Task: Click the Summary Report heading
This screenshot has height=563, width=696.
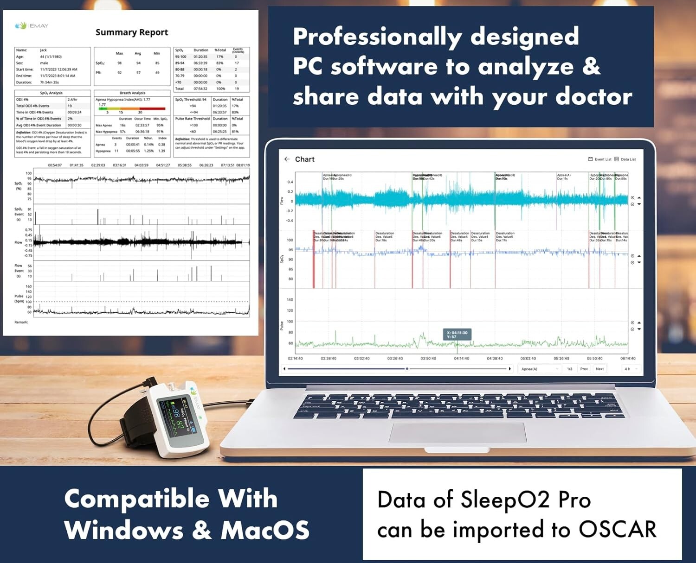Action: point(132,32)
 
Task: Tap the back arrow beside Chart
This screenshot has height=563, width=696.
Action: point(287,159)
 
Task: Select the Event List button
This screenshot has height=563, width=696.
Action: point(600,159)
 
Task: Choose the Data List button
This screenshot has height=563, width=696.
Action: point(625,159)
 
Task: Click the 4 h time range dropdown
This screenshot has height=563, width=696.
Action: point(631,369)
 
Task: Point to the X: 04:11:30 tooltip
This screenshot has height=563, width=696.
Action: point(457,335)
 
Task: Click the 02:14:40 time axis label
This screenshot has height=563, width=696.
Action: point(295,358)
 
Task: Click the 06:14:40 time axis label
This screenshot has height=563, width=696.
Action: point(628,358)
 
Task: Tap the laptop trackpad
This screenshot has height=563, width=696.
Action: point(458,432)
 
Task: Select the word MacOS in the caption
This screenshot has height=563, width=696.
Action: point(265,530)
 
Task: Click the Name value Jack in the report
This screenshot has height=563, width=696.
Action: point(43,50)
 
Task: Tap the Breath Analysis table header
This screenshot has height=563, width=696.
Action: point(132,93)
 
